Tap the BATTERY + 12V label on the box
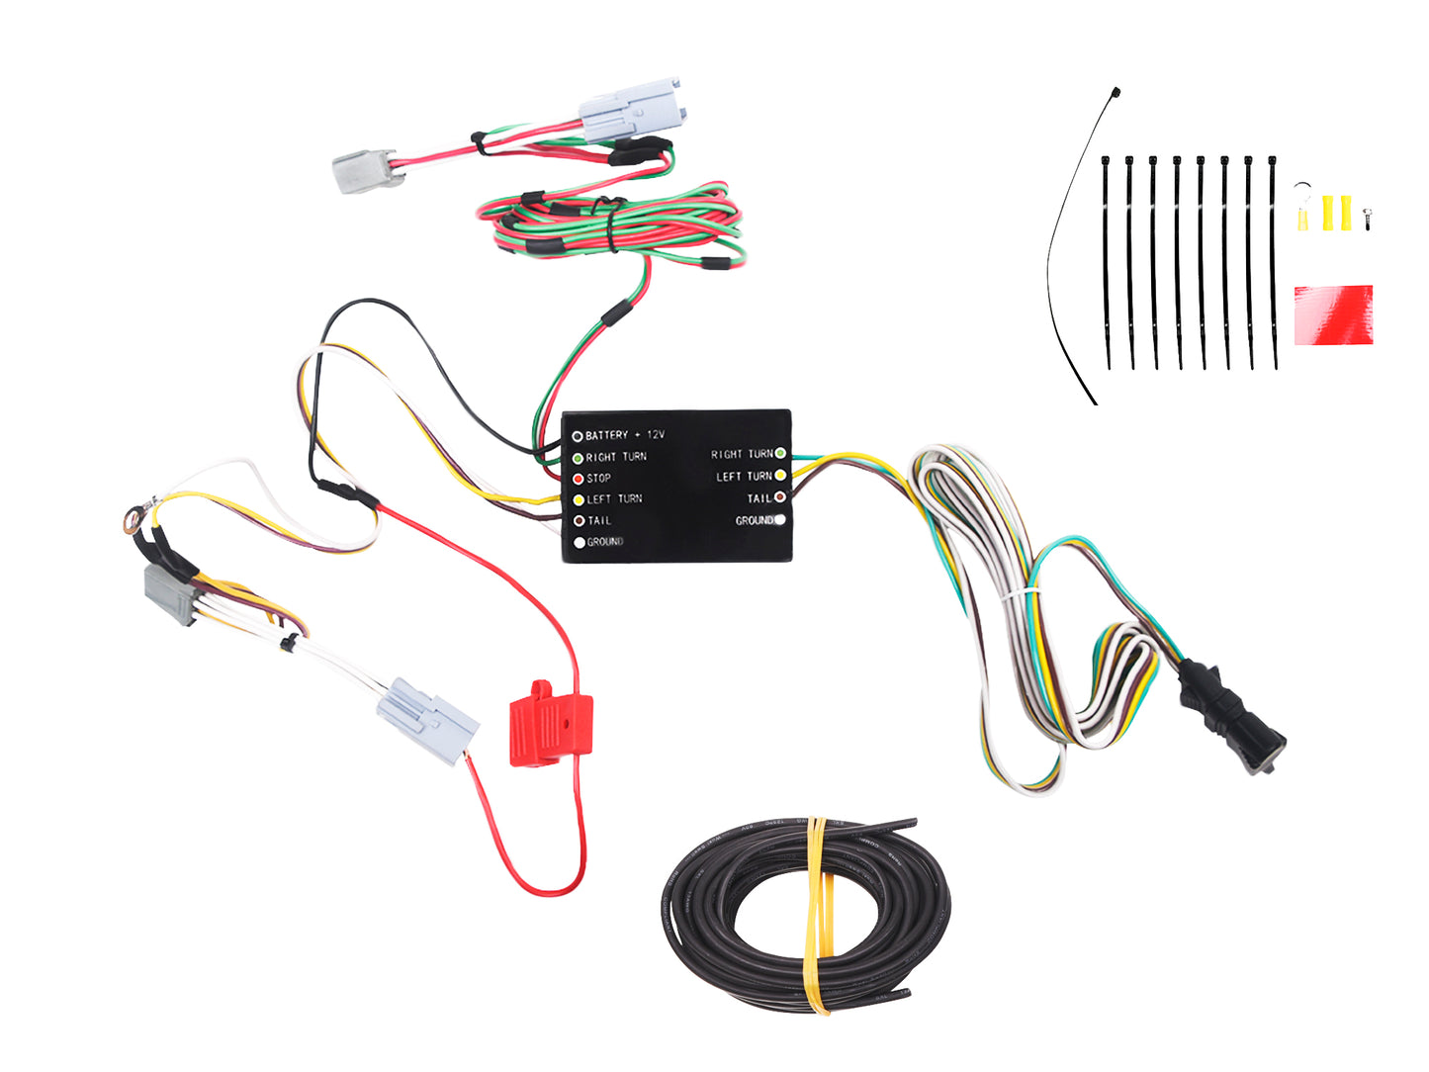pyautogui.click(x=624, y=435)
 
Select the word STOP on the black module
pyautogui.click(x=598, y=478)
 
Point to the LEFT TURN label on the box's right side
pyautogui.click(x=744, y=476)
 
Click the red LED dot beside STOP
pyautogui.click(x=579, y=479)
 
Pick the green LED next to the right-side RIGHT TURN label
pyautogui.click(x=780, y=454)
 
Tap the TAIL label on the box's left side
pyautogui.click(x=599, y=520)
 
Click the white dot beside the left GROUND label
pyautogui.click(x=580, y=542)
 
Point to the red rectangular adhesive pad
pyautogui.click(x=1333, y=314)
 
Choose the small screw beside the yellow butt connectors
pyautogui.click(x=1368, y=217)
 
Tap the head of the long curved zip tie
pyautogui.click(x=1116, y=92)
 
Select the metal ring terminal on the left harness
pyautogui.click(x=131, y=514)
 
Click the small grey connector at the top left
pyautogui.click(x=367, y=171)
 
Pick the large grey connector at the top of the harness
pyautogui.click(x=630, y=110)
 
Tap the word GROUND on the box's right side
pyautogui.click(x=754, y=520)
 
